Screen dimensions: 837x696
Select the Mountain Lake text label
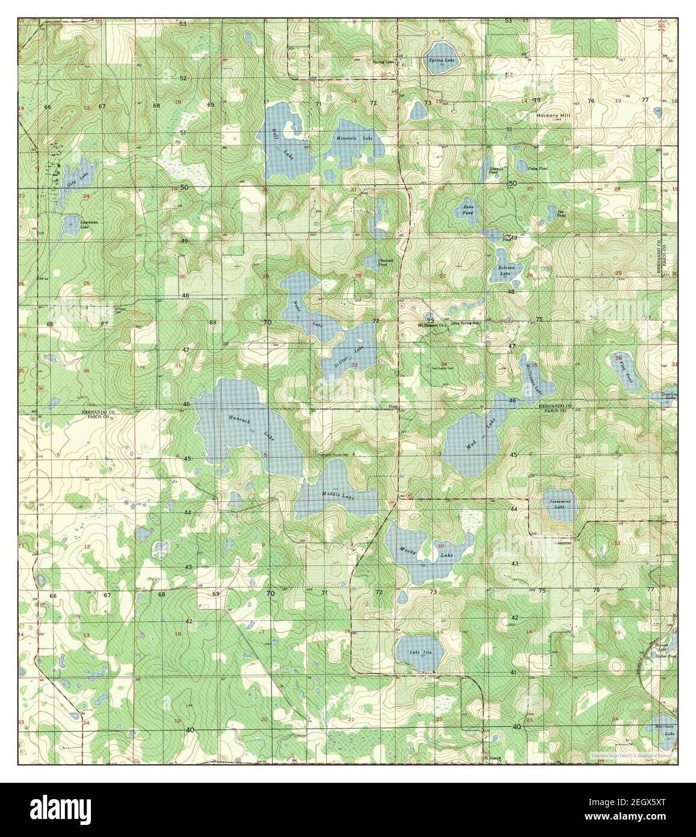(x=355, y=138)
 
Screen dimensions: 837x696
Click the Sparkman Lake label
(x=88, y=225)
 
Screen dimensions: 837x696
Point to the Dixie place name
(x=393, y=406)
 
